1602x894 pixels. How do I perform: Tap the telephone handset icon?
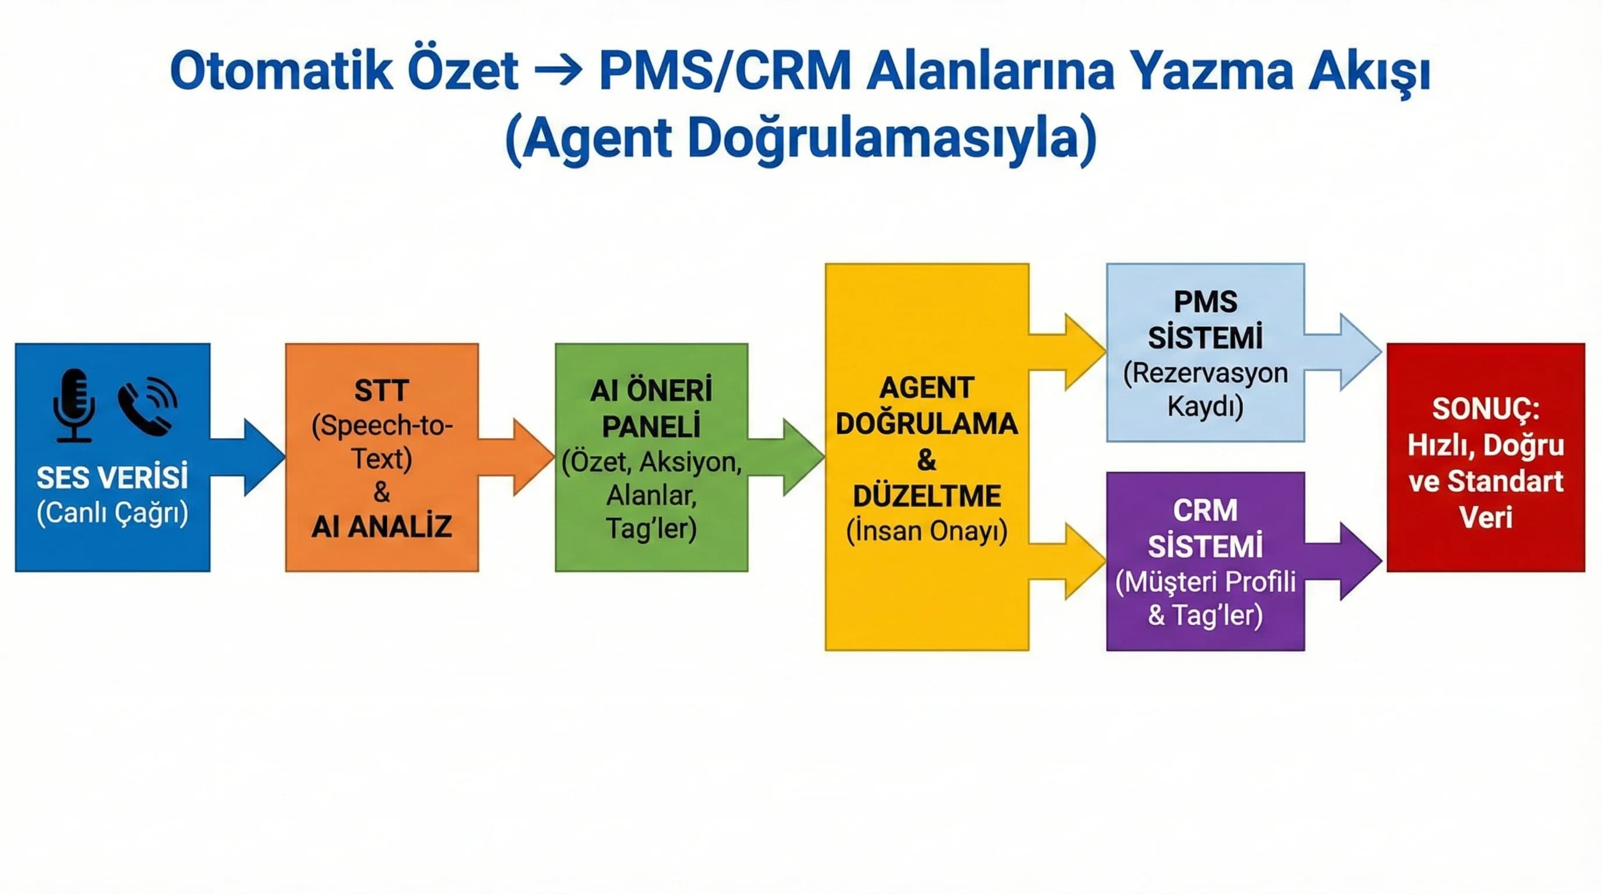[x=147, y=407]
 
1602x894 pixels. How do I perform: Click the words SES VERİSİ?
[x=112, y=477]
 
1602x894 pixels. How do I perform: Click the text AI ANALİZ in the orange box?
[x=381, y=527]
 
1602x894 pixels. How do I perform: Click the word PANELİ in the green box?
[x=651, y=427]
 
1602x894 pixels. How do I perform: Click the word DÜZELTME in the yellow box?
[x=927, y=495]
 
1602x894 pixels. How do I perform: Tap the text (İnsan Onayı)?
[x=927, y=531]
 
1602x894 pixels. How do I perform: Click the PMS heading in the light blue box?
[x=1205, y=302]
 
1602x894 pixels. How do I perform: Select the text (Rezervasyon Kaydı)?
[x=1205, y=389]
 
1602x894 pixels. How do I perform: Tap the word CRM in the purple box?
[x=1205, y=510]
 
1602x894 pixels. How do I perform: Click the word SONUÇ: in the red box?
[x=1486, y=409]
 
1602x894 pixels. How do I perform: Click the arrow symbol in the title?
[x=558, y=71]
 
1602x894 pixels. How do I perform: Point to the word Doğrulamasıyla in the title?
[x=891, y=138]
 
